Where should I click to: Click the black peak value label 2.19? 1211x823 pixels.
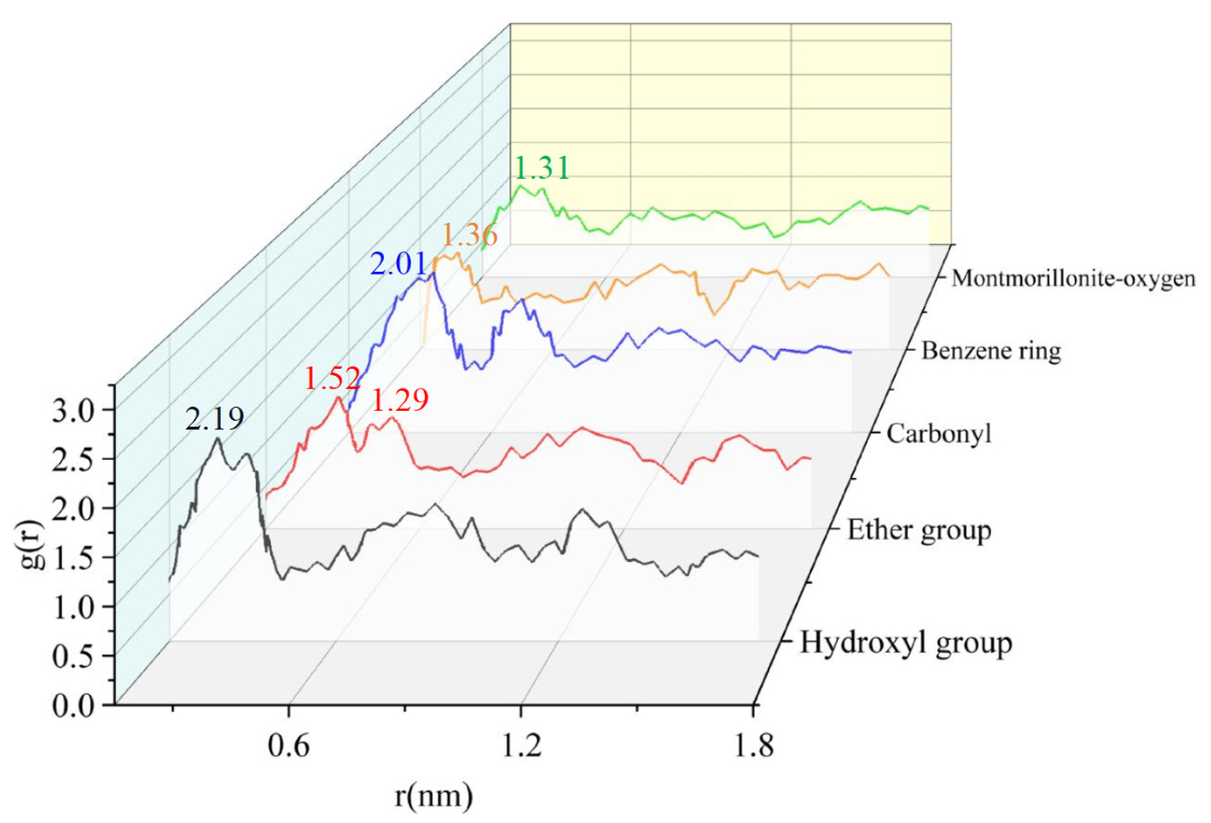(215, 419)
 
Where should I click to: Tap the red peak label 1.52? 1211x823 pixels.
(332, 379)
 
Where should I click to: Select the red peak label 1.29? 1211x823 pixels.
(400, 400)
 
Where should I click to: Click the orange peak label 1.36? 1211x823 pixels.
(469, 235)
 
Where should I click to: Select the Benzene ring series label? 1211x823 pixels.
(990, 351)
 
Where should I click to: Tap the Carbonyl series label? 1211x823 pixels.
(938, 433)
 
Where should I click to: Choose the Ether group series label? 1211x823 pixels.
(919, 530)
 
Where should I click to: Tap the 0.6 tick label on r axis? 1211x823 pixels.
(288, 746)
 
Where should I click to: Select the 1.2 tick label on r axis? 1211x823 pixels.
(521, 746)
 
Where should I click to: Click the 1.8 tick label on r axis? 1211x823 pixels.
(753, 746)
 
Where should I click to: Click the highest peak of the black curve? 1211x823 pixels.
(217, 438)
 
